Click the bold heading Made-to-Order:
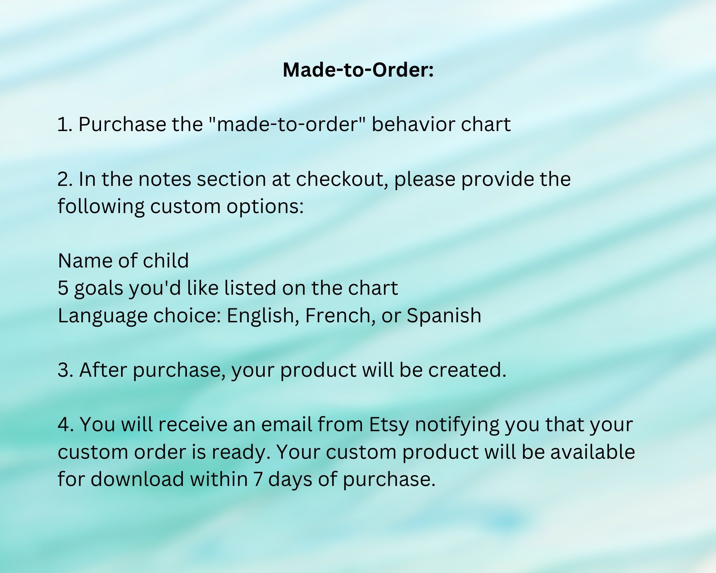click(358, 70)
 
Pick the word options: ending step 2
click(265, 207)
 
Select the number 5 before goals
click(63, 288)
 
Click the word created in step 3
click(467, 370)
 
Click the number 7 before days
click(258, 479)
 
